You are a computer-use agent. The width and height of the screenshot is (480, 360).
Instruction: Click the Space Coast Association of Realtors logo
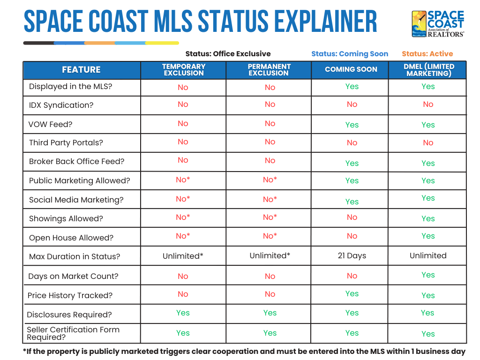(438, 24)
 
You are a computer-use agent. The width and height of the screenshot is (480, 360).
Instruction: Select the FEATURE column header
(81, 70)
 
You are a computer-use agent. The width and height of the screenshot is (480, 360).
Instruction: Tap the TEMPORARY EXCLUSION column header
(183, 70)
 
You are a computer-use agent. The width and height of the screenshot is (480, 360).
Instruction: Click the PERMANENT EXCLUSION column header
(269, 70)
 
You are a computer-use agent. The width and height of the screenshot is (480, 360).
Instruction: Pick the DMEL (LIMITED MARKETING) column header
(428, 70)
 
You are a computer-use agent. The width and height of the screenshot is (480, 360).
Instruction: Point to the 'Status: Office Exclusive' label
(228, 54)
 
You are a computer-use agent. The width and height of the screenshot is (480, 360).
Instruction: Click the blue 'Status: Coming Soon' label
(350, 54)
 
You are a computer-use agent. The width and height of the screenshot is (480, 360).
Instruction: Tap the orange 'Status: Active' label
(427, 54)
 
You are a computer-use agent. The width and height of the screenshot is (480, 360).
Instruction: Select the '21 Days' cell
(352, 256)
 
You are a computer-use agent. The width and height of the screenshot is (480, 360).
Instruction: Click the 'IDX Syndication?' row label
(61, 105)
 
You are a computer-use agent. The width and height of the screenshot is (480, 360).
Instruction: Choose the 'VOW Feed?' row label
(51, 125)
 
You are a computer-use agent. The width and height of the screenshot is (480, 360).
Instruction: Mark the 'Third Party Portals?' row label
(66, 143)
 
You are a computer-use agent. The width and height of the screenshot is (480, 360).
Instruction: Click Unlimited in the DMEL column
(428, 256)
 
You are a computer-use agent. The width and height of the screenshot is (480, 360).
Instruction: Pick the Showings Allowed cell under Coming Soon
(352, 217)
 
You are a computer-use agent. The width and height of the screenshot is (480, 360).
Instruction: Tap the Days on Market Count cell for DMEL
(428, 275)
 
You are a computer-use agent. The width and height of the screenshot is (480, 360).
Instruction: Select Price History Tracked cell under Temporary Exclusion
(183, 294)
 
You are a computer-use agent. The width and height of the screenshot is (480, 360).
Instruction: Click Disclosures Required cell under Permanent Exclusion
(270, 313)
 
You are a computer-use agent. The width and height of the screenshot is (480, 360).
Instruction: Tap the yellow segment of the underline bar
(162, 43)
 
